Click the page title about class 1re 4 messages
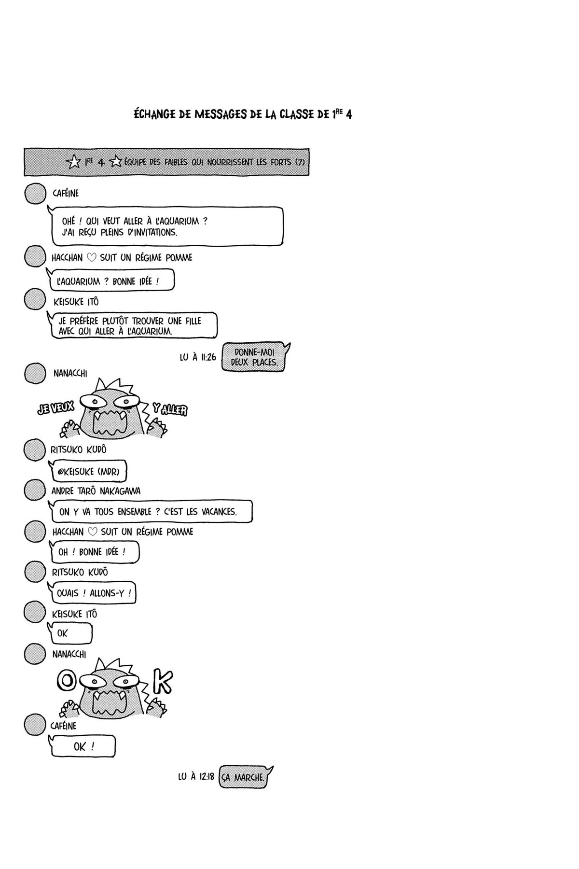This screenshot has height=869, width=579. tap(242, 115)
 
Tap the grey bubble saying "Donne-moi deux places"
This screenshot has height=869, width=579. tap(255, 357)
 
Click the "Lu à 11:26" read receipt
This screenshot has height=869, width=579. tap(198, 358)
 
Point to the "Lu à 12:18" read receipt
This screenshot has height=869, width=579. tap(196, 777)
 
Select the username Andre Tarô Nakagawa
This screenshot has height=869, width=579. tap(96, 491)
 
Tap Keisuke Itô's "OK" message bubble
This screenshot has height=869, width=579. tap(70, 633)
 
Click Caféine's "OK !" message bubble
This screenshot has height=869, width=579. tap(83, 746)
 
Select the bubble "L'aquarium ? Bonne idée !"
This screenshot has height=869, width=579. tap(112, 281)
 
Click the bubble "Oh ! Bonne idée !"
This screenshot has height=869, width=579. tap(95, 552)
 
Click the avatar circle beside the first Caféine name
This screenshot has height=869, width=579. tap(35, 194)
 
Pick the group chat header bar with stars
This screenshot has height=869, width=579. tap(166, 162)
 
